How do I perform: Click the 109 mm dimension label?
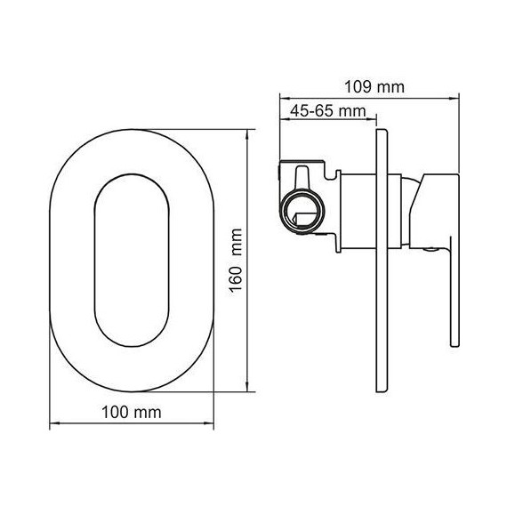click(374, 87)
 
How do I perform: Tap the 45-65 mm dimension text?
click(325, 110)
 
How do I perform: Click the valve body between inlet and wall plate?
click(356, 209)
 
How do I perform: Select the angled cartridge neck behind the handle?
click(411, 209)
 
